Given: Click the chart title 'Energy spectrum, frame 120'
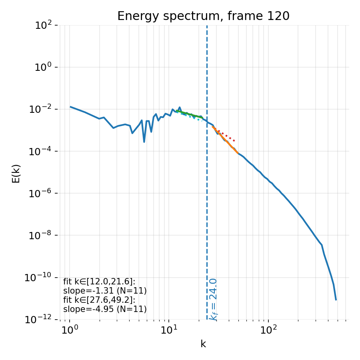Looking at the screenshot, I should click(203, 16).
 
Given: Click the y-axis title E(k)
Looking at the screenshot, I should click(16, 173).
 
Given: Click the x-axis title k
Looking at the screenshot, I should click(203, 344).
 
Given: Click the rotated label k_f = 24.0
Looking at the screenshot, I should click(214, 299).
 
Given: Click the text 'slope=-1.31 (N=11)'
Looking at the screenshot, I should click(105, 291).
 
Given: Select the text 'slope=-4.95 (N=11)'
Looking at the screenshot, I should click(105, 309).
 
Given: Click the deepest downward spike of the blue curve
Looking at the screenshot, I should click(144, 141).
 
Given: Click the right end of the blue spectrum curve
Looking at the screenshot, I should click(336, 299).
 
